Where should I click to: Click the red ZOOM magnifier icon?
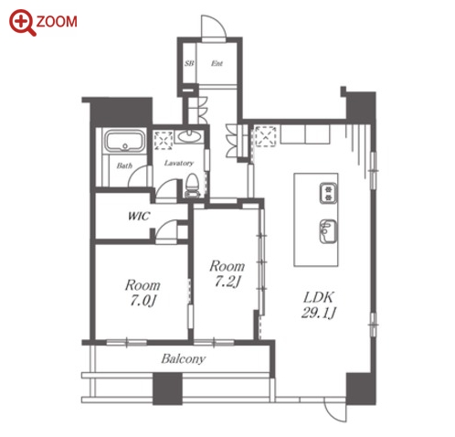pos(22,22)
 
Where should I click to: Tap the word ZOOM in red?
pos(57,22)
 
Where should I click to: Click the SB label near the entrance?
pos(189,63)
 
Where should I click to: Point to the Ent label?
pos(217,63)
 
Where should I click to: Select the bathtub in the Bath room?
pos(125,141)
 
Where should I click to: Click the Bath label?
pos(124,165)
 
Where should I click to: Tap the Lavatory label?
pos(179,163)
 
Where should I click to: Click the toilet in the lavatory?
pos(192,186)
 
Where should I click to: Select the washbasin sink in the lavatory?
pos(189,137)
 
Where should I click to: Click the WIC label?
pos(139,216)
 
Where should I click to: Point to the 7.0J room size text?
pos(143,301)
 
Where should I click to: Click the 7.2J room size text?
pos(227,282)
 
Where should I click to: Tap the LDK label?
pos(319,297)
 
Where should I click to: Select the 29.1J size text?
pos(319,313)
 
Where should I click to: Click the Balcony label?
pos(184,359)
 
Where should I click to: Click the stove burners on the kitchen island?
pos(328,193)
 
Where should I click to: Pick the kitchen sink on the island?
pos(328,231)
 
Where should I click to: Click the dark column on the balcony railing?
pos(167,389)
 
